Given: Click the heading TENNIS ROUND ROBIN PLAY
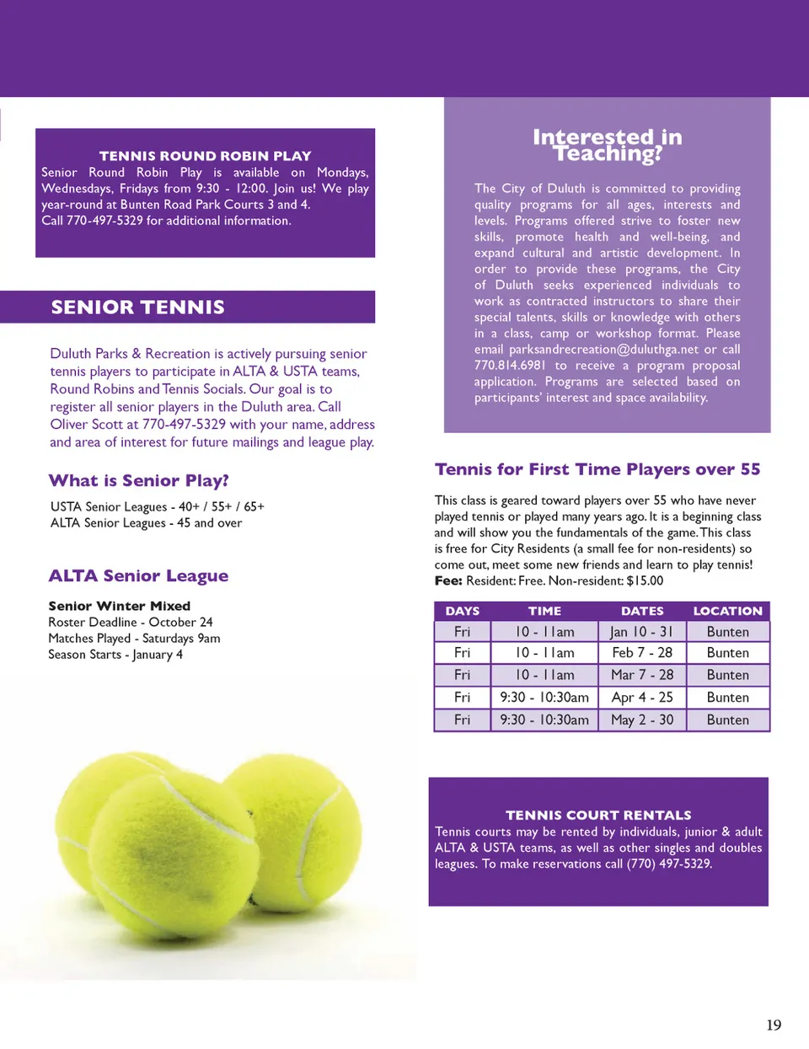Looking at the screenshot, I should pos(205,156).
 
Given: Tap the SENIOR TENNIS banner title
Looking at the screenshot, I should pos(137,307).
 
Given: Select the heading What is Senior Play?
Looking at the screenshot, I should pos(139,481).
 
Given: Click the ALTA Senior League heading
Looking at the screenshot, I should pos(138,576).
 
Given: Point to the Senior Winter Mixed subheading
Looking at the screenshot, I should pos(119,606).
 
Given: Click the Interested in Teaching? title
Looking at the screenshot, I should pos(608,145).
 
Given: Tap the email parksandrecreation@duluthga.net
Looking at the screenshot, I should pos(603,350).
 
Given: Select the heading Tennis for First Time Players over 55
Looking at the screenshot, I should pos(597,469).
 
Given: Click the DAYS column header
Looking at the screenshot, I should pos(462,611).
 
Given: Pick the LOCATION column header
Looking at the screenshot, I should pos(727,611).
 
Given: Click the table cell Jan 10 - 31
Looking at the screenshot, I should pos(641,632).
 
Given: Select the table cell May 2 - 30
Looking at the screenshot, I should pos(641,720).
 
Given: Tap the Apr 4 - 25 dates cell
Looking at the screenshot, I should pos(641,698).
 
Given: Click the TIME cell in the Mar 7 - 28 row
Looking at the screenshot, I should pos(544,675).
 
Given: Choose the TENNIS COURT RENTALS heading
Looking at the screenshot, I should pos(598,815).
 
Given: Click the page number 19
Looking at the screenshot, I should pos(774,1025).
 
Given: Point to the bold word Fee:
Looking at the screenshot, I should pos(448,581).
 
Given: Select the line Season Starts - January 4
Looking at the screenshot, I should pos(115,655).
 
